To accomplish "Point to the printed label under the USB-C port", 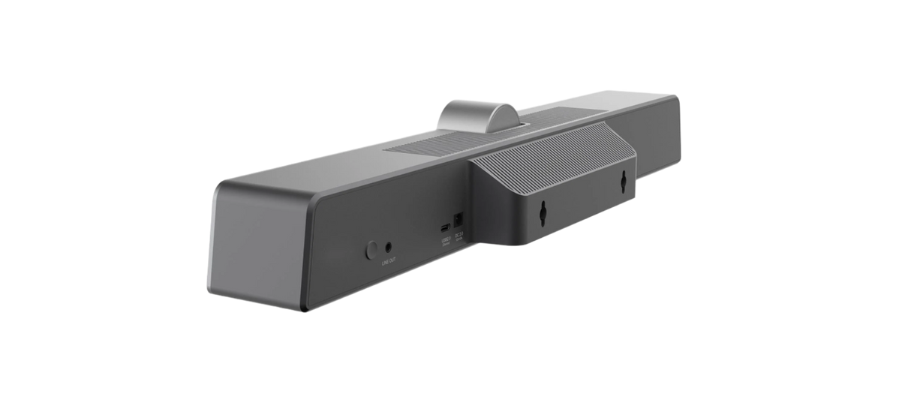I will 448,240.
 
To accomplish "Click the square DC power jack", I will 460,218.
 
